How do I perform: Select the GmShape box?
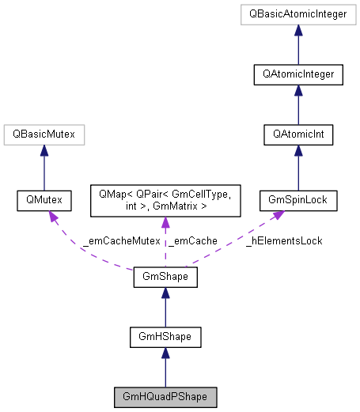click(165, 278)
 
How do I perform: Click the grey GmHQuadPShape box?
click(165, 395)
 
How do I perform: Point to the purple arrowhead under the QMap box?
click(165, 224)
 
